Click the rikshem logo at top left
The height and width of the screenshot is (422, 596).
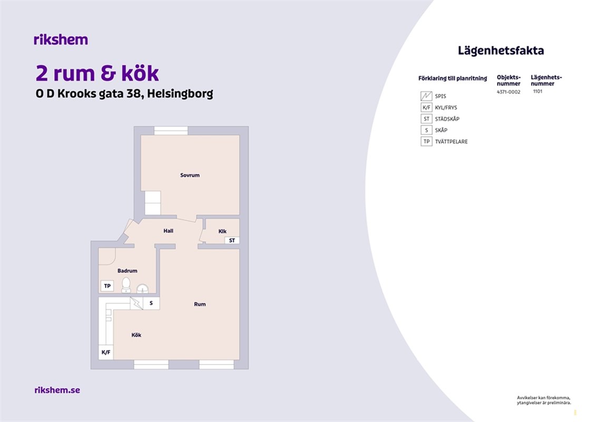point(61,40)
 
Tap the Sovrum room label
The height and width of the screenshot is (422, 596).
point(190,176)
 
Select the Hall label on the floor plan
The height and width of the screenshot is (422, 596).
point(169,231)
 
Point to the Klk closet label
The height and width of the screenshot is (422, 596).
point(222,232)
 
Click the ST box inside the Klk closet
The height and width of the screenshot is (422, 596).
point(232,241)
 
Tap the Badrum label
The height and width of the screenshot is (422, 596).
point(128,271)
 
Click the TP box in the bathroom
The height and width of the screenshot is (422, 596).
point(107,286)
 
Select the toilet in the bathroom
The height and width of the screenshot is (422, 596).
point(126,285)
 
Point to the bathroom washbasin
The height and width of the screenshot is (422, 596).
point(142,289)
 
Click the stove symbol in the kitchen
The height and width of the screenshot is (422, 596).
point(136,303)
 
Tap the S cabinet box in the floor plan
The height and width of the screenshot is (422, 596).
point(151,303)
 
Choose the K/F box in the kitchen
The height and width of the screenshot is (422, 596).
point(106,352)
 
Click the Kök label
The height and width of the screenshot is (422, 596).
point(136,335)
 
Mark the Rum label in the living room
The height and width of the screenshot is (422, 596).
point(200,304)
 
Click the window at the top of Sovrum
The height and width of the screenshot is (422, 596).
point(171,131)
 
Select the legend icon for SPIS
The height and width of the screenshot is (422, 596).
point(426,96)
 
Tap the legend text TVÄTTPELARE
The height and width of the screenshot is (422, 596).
point(452,141)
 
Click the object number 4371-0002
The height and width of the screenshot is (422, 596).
point(509,92)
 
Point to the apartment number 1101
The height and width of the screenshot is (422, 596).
point(538,91)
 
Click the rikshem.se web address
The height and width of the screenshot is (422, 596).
point(57,390)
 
